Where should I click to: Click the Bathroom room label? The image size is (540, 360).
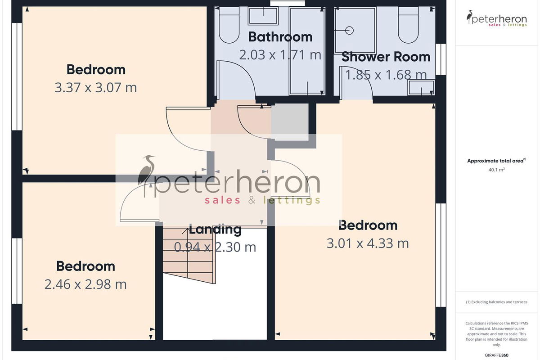coord(280,37)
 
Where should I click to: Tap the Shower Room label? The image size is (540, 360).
coord(386,57)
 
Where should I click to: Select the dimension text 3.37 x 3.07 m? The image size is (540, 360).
coord(96,88)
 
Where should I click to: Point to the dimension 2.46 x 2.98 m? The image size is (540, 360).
coord(85,284)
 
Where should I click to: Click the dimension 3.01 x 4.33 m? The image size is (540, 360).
coord(368,243)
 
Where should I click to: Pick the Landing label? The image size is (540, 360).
coord(215,229)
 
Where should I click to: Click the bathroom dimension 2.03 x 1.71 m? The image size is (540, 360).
coord(280,55)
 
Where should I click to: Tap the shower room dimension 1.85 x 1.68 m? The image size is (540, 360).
coord(386,75)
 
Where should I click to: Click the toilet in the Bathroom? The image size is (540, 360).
coord(229,25)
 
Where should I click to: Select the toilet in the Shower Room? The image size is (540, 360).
coord(408,25)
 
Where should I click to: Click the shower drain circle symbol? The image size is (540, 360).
coord(349,31)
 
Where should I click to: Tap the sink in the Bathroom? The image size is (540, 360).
coord(263,16)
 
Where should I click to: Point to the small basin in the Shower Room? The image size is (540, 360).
coord(421,88)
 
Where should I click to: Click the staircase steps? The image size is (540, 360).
coord(189,256)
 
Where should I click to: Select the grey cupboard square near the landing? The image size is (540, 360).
coord(290,122)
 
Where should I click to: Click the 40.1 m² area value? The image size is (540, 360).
coord(497,170)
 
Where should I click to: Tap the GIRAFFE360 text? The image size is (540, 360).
coord(497,355)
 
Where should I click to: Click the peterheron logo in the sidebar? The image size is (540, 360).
coord(497,18)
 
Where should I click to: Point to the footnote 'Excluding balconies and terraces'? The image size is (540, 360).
coord(497,302)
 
